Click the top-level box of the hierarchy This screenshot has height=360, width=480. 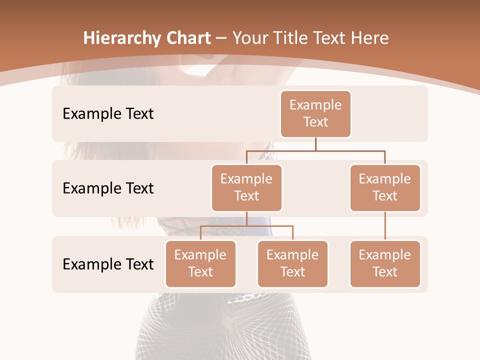315,113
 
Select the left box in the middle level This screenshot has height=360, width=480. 246,187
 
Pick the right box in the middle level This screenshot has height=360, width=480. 385,187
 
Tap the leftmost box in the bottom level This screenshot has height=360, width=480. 200,263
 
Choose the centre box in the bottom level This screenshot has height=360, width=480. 292,263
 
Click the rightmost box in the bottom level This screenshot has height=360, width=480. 385,263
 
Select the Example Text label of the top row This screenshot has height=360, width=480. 108,114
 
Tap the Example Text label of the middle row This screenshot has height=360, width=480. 108,188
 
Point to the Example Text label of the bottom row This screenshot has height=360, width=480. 108,264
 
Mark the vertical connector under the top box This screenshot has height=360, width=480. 315,144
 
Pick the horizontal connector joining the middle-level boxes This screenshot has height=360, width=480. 315,150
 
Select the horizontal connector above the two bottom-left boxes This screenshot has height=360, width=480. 246,226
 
